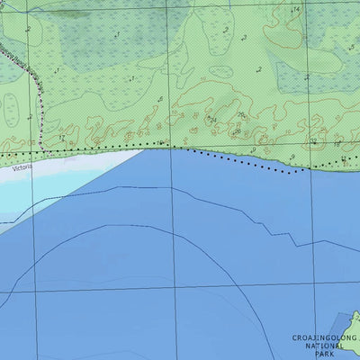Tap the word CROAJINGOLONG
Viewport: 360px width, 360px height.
324,337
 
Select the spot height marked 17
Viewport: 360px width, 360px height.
132,79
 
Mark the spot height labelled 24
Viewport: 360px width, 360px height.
212,118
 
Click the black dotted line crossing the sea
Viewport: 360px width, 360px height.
243,163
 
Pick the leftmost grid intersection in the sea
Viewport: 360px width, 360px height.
35,291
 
